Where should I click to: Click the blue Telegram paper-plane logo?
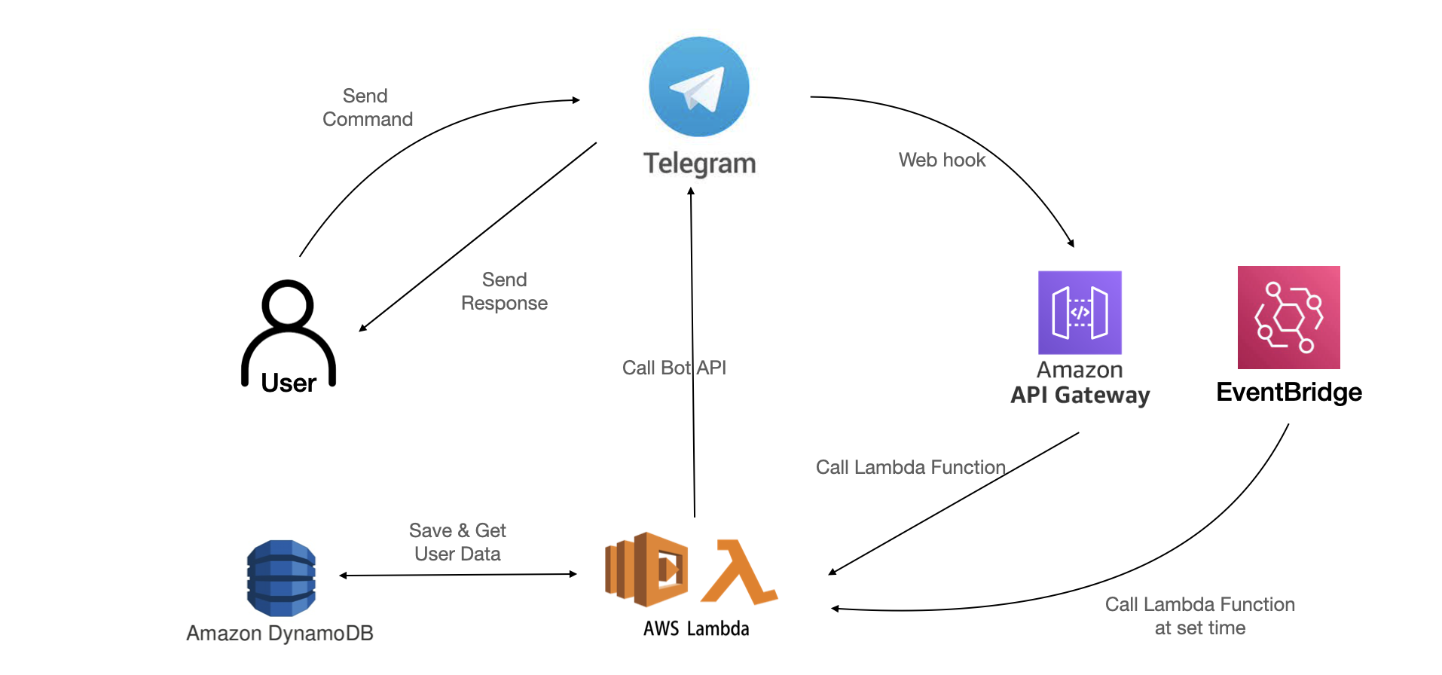(698, 87)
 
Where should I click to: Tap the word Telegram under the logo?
(699, 163)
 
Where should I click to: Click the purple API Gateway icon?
(1080, 313)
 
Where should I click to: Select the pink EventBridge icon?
(1288, 317)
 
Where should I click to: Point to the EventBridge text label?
(1288, 392)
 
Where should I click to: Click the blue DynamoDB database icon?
(281, 578)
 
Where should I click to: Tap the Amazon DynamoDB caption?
(280, 633)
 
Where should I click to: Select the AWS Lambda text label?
(696, 628)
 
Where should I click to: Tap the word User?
(288, 383)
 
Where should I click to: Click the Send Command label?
(367, 108)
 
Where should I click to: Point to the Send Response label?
(504, 292)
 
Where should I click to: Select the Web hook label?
(942, 160)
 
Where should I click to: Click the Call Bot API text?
(674, 368)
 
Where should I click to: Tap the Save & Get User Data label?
(457, 542)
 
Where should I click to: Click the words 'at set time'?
(1199, 628)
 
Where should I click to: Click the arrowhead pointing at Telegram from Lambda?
(691, 191)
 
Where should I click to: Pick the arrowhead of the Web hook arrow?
(1071, 243)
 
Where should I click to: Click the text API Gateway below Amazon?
(1080, 395)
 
